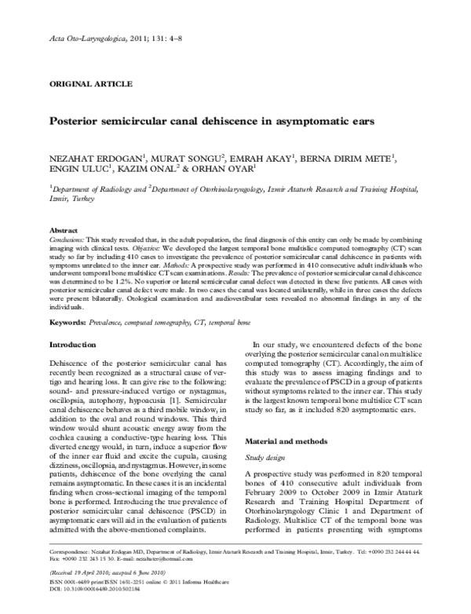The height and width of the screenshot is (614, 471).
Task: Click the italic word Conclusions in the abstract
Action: (66, 238)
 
